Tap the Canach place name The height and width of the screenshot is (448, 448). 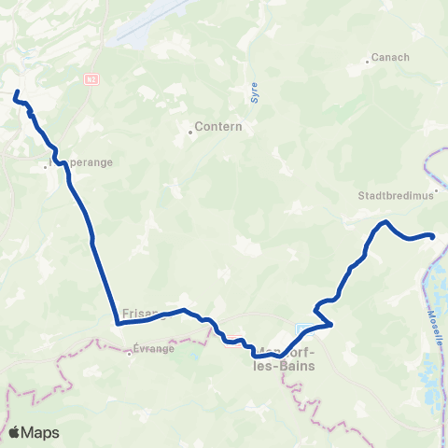(x=390, y=57)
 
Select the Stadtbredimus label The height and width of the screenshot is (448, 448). (x=389, y=197)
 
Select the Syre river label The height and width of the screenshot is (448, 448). (x=254, y=91)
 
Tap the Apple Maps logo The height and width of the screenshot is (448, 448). (x=34, y=432)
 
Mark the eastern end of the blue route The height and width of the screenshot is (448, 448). (x=433, y=235)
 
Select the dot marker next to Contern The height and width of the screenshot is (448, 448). (x=190, y=132)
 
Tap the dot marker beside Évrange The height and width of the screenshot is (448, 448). (x=129, y=353)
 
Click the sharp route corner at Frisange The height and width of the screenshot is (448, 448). (x=118, y=324)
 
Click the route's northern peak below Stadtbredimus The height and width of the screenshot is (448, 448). (x=385, y=222)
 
